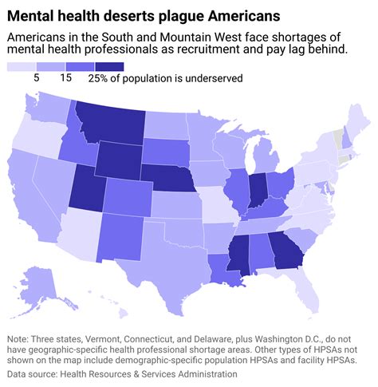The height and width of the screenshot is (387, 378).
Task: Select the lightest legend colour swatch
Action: coord(19,66)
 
